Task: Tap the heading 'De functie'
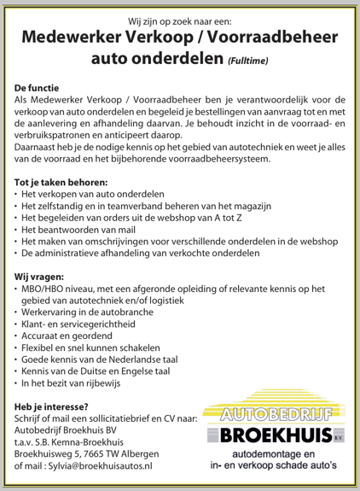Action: point(40,87)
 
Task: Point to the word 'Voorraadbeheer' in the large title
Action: point(262,37)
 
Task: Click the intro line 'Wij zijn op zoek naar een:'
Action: point(180,17)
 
